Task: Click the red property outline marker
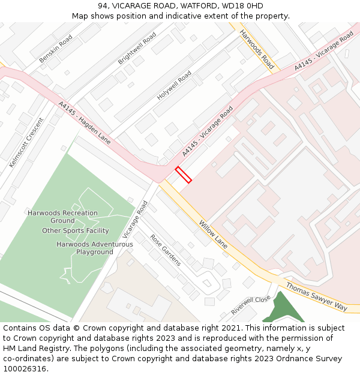click(x=184, y=175)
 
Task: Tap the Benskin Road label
click(x=56, y=49)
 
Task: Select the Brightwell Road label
click(x=137, y=48)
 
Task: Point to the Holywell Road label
click(x=174, y=85)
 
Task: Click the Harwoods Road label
click(x=257, y=49)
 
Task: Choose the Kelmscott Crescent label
click(x=27, y=142)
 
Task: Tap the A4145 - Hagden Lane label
click(x=85, y=122)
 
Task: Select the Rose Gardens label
click(x=166, y=250)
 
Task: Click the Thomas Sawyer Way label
click(x=316, y=296)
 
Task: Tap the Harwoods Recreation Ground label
click(x=62, y=217)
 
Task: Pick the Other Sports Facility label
click(x=76, y=231)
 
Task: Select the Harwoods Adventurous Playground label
click(x=95, y=248)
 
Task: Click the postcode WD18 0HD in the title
click(x=243, y=6)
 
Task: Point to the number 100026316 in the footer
click(x=25, y=368)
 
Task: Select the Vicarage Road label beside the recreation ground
click(x=135, y=219)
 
